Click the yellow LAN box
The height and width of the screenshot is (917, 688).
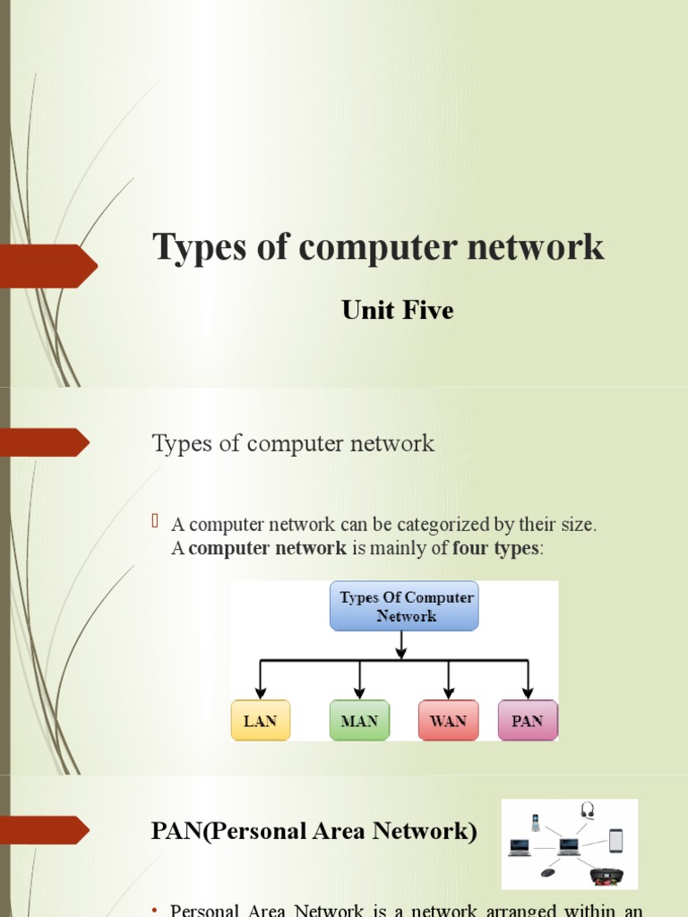click(x=260, y=720)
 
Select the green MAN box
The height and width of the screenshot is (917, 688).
click(x=359, y=720)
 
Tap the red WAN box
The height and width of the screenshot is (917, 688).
click(x=448, y=720)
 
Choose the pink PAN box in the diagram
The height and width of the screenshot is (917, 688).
click(x=527, y=720)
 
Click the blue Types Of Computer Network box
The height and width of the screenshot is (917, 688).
click(x=405, y=605)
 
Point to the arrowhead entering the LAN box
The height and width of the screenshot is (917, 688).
click(x=260, y=692)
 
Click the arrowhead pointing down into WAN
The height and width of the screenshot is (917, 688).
click(x=448, y=692)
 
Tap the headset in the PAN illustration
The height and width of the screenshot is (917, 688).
click(x=588, y=810)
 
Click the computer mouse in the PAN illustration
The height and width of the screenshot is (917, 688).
click(x=547, y=871)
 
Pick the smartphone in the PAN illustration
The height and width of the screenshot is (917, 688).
click(x=615, y=841)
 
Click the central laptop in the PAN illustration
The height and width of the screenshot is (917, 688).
click(x=568, y=846)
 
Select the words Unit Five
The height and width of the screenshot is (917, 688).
click(x=398, y=311)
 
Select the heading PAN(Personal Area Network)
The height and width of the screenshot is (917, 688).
click(x=314, y=831)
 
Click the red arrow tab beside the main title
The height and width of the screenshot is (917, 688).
click(x=49, y=266)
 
